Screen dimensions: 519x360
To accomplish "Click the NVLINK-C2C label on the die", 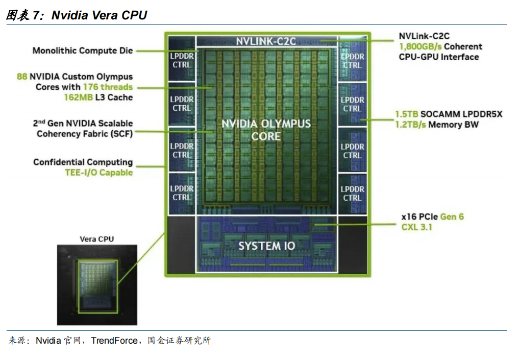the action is pyautogui.click(x=266, y=41).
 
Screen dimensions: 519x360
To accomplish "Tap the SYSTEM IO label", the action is pyautogui.click(x=267, y=246).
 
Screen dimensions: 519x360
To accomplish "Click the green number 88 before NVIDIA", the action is pyautogui.click(x=22, y=77).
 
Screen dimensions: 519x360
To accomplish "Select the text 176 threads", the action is pyautogui.click(x=108, y=87).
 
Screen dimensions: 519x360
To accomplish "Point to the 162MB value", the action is pyautogui.click(x=79, y=98).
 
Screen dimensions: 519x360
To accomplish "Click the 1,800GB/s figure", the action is pyautogui.click(x=421, y=46).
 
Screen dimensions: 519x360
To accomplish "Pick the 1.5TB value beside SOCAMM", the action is pyautogui.click(x=407, y=114).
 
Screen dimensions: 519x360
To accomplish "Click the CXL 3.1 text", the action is pyautogui.click(x=417, y=227).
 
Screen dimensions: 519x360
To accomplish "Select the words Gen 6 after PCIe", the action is pyautogui.click(x=452, y=217).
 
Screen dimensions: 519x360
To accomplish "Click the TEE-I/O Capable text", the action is pyautogui.click(x=99, y=173).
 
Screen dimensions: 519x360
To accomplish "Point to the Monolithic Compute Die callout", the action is pyautogui.click(x=83, y=51).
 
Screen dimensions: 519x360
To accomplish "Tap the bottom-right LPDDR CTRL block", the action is pyautogui.click(x=353, y=194).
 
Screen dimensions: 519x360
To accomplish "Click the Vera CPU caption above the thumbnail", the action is pyautogui.click(x=96, y=239).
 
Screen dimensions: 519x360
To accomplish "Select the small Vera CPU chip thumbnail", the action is pyautogui.click(x=97, y=285).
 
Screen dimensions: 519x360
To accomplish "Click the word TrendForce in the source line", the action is pyautogui.click(x=114, y=341).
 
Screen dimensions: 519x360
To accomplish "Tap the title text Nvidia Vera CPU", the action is pyautogui.click(x=100, y=15).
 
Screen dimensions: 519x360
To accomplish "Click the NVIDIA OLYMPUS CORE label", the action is pyautogui.click(x=266, y=130).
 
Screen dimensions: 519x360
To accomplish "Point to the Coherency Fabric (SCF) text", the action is pyautogui.click(x=85, y=134).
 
